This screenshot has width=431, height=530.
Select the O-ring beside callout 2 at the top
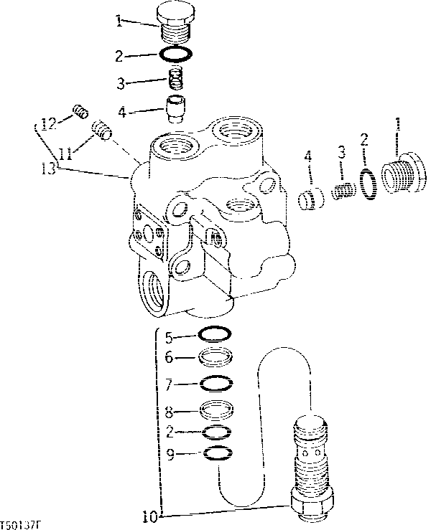(x=175, y=55)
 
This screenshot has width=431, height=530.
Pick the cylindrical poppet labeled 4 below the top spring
(x=175, y=110)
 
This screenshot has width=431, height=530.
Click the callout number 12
(x=47, y=123)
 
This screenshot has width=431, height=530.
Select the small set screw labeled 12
(x=80, y=111)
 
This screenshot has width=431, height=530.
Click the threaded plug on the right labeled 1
(x=402, y=174)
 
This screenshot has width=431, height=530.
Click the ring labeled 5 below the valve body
(x=214, y=334)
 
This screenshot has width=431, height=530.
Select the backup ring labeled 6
(x=214, y=358)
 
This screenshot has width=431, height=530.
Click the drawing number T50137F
(x=22, y=525)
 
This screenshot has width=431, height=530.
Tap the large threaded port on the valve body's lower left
(x=154, y=290)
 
